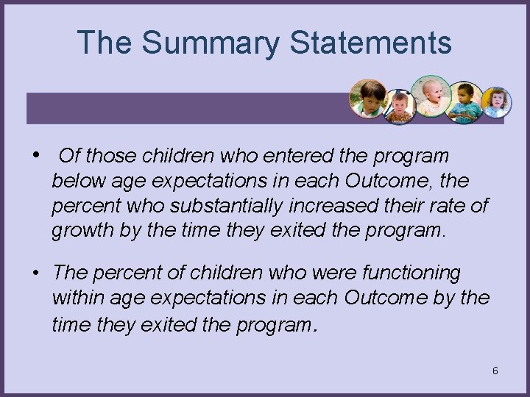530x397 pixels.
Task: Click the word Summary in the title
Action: coord(211,43)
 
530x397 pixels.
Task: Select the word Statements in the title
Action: coord(370,43)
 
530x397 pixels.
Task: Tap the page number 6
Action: coord(495,371)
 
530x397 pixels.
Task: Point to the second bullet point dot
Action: coord(36,273)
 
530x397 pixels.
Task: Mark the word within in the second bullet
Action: coord(77,298)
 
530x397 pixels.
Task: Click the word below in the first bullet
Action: coord(77,181)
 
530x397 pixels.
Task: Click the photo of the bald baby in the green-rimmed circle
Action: coord(431,96)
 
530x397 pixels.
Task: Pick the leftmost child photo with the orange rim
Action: coord(368,99)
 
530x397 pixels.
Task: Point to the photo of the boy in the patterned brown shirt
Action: coord(400,107)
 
